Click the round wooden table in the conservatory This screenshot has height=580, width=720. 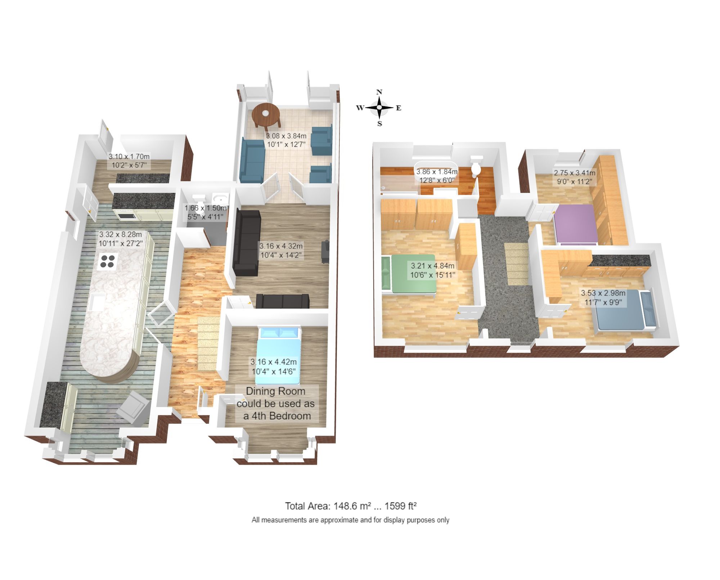[x=266, y=114]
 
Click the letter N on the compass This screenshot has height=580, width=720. [x=379, y=92]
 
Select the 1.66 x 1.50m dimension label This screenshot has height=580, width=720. [x=206, y=212]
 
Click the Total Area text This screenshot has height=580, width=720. [x=351, y=506]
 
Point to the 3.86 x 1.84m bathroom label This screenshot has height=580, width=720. [x=437, y=176]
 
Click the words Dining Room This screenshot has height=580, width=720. [x=275, y=391]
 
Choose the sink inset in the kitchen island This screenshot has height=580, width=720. [x=96, y=302]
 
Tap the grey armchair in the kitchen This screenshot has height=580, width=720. [x=133, y=406]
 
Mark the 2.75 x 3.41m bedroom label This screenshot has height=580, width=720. [x=574, y=177]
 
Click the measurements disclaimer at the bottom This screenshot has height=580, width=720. [x=350, y=520]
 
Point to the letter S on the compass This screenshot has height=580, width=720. [x=379, y=124]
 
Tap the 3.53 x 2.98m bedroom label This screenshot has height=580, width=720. [x=603, y=297]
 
